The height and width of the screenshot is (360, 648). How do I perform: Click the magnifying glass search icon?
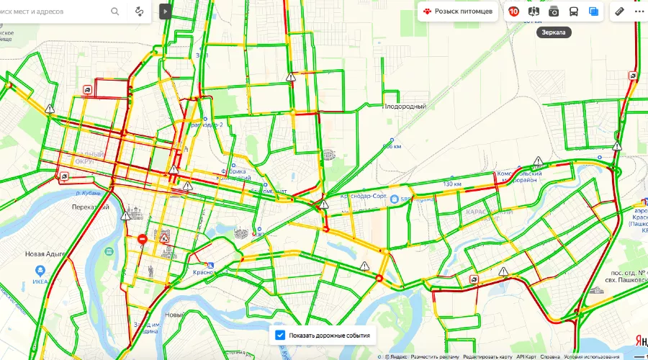coord(115,12)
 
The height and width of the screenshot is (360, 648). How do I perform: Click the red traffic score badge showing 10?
coord(513,12)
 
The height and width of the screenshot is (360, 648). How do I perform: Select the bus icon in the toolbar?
coord(574,12)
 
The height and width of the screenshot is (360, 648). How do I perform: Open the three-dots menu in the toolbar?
coord(639,12)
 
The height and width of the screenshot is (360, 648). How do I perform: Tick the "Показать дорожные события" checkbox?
coord(280,335)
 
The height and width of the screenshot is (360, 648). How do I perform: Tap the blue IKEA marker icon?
coord(40,271)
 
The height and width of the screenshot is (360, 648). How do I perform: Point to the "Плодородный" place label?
coord(404,107)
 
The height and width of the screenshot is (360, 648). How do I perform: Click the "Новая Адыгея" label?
coord(45,253)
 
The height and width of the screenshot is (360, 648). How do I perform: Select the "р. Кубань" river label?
coord(88,193)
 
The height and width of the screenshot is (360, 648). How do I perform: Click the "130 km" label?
coord(452,184)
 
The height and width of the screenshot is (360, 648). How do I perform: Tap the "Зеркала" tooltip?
coord(554,32)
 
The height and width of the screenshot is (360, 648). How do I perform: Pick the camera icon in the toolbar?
coord(554,12)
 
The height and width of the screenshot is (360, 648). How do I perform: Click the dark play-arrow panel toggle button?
coord(166,12)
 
